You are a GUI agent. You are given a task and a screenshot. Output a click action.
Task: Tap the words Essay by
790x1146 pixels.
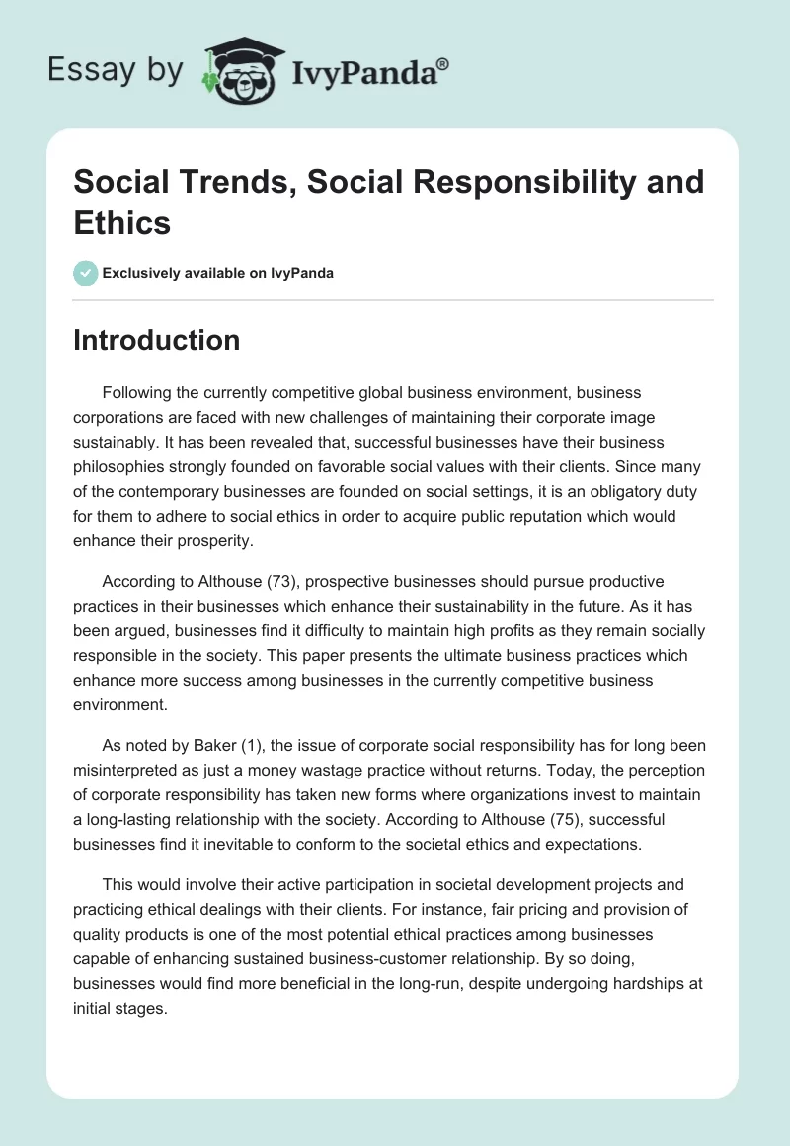115,70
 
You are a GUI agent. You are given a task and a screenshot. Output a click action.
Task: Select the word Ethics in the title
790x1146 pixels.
121,223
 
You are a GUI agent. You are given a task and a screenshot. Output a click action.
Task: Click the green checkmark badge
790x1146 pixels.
86,273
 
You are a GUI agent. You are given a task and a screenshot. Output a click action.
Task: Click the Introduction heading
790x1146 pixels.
156,340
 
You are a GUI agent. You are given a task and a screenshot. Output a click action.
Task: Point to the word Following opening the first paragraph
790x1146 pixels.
137,392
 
